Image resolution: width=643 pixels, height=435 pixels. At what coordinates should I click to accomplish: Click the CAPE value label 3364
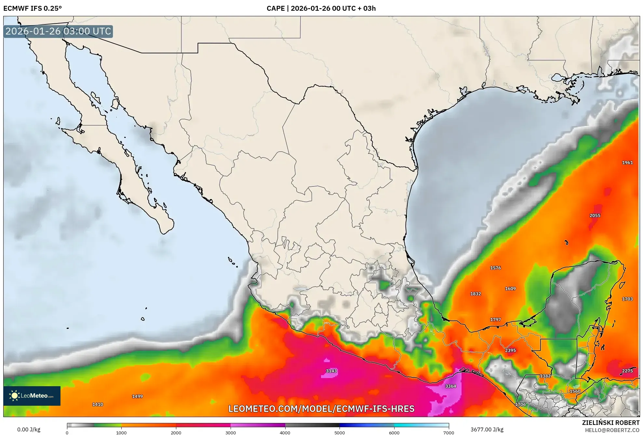tap(450, 386)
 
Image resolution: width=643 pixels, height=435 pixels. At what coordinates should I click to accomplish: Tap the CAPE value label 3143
tap(331, 371)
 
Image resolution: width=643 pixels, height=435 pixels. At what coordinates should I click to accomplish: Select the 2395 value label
tap(510, 350)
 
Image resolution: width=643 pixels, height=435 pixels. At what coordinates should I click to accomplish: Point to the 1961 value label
tap(627, 163)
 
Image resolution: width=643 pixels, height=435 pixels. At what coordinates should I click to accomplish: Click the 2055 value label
tap(595, 215)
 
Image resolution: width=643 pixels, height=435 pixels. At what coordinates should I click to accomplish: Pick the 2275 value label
tap(627, 371)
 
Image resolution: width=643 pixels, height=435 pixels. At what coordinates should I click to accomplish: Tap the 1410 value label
tap(98, 404)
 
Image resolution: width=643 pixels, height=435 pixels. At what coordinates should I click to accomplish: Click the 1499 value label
tap(137, 396)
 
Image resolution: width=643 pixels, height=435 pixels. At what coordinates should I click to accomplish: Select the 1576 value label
tap(495, 268)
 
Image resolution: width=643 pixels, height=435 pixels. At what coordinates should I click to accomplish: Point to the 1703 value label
tap(627, 299)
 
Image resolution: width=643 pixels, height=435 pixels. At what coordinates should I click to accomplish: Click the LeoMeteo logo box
tap(32, 396)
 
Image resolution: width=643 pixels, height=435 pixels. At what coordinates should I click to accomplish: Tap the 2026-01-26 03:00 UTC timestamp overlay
tap(58, 31)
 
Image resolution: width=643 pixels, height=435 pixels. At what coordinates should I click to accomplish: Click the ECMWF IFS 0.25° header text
tap(33, 8)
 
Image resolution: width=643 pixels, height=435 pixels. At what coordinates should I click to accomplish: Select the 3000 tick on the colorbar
tap(231, 432)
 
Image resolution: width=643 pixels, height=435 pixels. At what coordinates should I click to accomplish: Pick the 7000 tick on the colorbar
tap(449, 432)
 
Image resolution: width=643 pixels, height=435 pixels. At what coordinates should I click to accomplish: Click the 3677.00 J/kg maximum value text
tap(487, 429)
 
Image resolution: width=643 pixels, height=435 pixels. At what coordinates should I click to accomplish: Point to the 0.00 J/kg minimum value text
tap(29, 429)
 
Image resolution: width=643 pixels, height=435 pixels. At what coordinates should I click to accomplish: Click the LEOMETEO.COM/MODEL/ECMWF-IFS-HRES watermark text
tap(321, 409)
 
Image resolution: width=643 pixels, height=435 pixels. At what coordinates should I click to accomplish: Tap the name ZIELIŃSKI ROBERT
tap(610, 423)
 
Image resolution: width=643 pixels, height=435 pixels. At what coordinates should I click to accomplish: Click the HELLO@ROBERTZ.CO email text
tap(612, 430)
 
